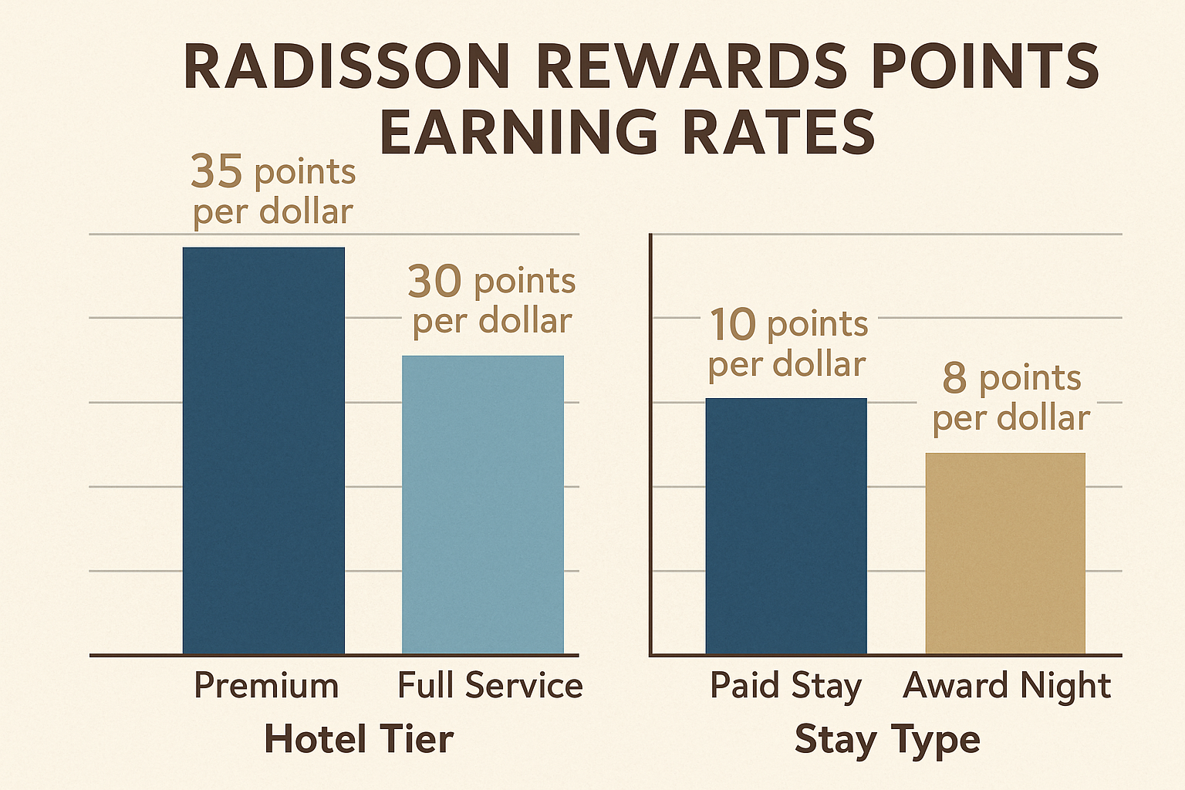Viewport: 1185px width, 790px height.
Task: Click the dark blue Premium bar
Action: point(264,451)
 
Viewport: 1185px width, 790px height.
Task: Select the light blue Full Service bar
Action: point(483,505)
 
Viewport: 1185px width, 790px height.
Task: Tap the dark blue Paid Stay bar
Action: point(786,526)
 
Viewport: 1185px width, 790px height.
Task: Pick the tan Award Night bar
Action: point(1005,553)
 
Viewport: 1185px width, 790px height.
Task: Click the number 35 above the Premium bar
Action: point(217,171)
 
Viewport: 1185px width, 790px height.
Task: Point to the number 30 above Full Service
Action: point(435,282)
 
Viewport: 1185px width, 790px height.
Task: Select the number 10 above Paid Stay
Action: point(733,324)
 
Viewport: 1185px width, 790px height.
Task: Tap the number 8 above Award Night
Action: point(954,378)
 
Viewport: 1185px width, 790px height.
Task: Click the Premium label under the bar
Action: point(266,686)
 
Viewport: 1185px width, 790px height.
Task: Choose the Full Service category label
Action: point(490,686)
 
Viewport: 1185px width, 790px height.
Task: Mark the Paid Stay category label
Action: point(785,686)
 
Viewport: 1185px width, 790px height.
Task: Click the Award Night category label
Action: point(1007,686)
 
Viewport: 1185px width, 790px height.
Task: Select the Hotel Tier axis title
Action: point(359,739)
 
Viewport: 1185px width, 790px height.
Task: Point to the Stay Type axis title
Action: point(887,739)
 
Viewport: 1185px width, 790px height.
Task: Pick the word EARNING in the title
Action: point(519,133)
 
